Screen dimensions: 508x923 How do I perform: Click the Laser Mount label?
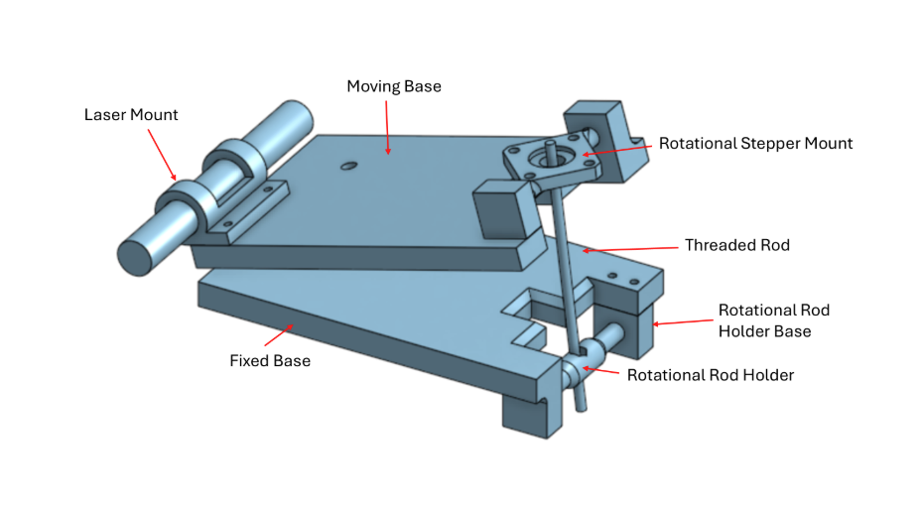131,115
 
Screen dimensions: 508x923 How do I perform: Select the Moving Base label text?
393,86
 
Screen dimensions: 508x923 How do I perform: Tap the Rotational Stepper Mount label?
755,144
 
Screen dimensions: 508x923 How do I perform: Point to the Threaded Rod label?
737,244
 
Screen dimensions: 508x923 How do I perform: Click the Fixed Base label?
270,360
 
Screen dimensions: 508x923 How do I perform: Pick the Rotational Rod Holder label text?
711,375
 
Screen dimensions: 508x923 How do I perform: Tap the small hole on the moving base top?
346,167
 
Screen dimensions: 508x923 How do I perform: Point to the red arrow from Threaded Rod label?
629,248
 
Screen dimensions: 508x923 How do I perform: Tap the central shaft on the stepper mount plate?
550,152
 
